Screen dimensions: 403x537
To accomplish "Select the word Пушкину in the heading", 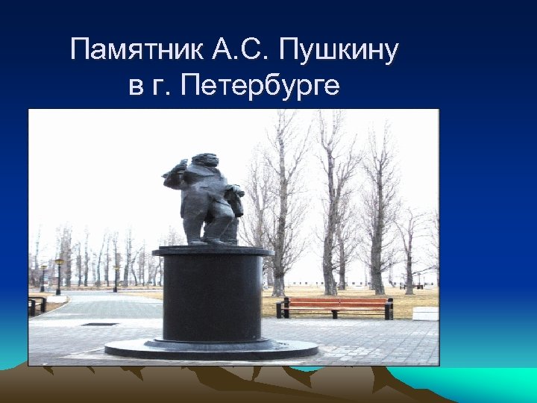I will click(x=339, y=52).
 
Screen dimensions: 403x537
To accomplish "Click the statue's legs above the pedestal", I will click(x=210, y=223).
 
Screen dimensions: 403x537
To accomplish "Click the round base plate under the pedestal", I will click(x=212, y=349).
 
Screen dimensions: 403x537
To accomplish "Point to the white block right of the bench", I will click(x=424, y=313).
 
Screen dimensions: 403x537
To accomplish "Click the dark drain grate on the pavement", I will click(x=99, y=324).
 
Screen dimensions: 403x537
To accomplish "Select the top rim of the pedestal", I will click(x=212, y=251).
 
